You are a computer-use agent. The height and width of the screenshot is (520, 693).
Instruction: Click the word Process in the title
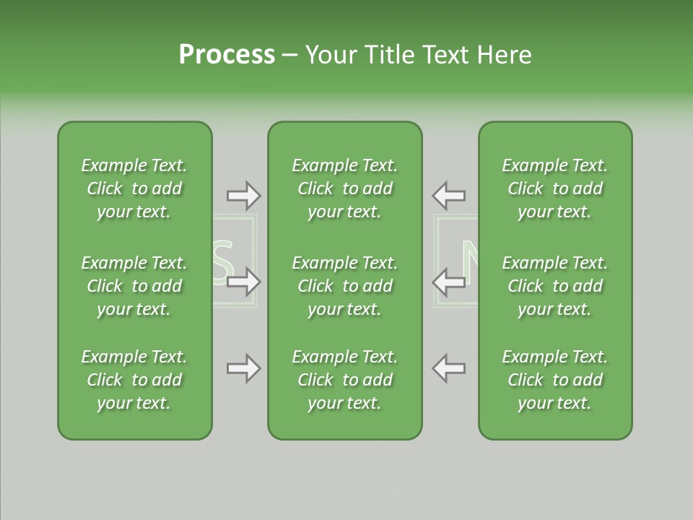[x=227, y=55]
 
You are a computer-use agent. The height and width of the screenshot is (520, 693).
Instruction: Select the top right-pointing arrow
[x=243, y=195]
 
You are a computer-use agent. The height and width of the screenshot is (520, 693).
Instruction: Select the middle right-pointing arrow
[x=243, y=282]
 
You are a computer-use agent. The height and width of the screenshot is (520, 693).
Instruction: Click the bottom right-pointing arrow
[x=243, y=368]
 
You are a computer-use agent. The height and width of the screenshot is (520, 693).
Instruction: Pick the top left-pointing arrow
[x=448, y=195]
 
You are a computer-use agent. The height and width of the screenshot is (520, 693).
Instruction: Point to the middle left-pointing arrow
[x=448, y=282]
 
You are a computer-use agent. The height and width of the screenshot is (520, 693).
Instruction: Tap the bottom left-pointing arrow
[x=448, y=368]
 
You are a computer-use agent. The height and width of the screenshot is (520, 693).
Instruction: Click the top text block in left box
[x=134, y=188]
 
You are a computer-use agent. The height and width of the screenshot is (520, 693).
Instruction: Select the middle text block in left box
[x=134, y=286]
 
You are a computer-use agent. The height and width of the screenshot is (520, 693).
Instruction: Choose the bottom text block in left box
[x=134, y=380]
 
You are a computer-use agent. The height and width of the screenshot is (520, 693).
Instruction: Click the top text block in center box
[x=345, y=188]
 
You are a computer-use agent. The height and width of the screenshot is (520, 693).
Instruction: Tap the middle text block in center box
[x=345, y=286]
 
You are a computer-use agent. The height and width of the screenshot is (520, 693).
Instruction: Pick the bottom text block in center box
[x=345, y=380]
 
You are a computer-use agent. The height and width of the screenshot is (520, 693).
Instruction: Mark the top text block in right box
[x=555, y=188]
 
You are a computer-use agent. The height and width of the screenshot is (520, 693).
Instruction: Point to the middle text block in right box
[x=555, y=286]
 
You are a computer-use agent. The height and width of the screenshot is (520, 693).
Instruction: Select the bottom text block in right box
[x=555, y=380]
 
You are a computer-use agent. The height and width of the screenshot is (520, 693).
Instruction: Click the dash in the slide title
[x=290, y=56]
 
